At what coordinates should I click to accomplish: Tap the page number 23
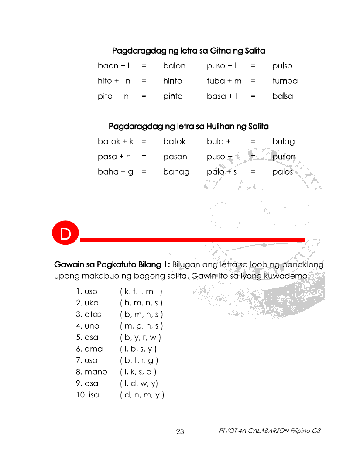[180, 432]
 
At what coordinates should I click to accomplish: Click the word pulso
[282, 66]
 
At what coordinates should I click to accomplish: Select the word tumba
[285, 81]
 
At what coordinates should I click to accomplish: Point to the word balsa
[283, 96]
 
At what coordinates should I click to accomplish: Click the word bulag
[284, 141]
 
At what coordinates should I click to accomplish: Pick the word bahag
[176, 172]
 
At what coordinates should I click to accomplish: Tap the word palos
[283, 172]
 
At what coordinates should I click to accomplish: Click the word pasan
[175, 157]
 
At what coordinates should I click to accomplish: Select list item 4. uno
[88, 326]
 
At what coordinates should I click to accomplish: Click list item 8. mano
[92, 372]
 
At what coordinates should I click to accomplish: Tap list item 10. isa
[87, 395]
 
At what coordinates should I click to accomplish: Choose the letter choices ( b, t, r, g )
[139, 360]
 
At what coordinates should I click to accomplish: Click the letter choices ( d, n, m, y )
[142, 395]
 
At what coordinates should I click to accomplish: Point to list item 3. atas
[89, 314]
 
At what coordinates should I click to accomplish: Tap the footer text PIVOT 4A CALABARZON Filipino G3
[270, 431]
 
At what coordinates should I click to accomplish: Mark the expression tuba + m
[224, 81]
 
